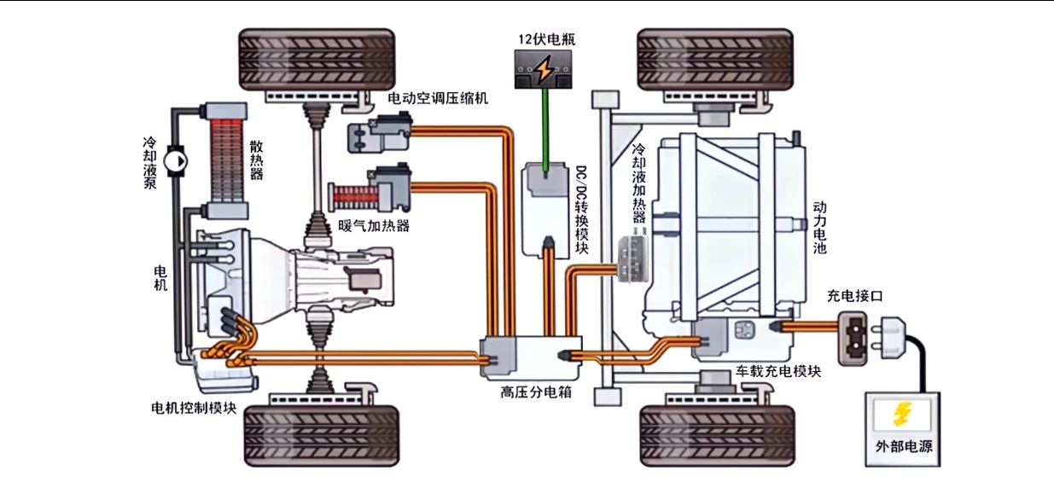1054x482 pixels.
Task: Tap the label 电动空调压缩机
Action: click(x=438, y=98)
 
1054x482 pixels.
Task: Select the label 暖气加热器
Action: click(x=374, y=226)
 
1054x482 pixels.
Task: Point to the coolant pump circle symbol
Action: click(x=176, y=159)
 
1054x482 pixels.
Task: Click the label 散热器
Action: click(x=256, y=160)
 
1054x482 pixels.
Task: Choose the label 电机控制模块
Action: click(x=193, y=406)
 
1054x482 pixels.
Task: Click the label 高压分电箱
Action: click(x=535, y=392)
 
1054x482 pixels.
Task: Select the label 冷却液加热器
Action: click(x=638, y=183)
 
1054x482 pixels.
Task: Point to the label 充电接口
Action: click(x=853, y=296)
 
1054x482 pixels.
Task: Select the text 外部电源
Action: click(x=903, y=446)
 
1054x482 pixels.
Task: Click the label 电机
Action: click(x=160, y=278)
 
